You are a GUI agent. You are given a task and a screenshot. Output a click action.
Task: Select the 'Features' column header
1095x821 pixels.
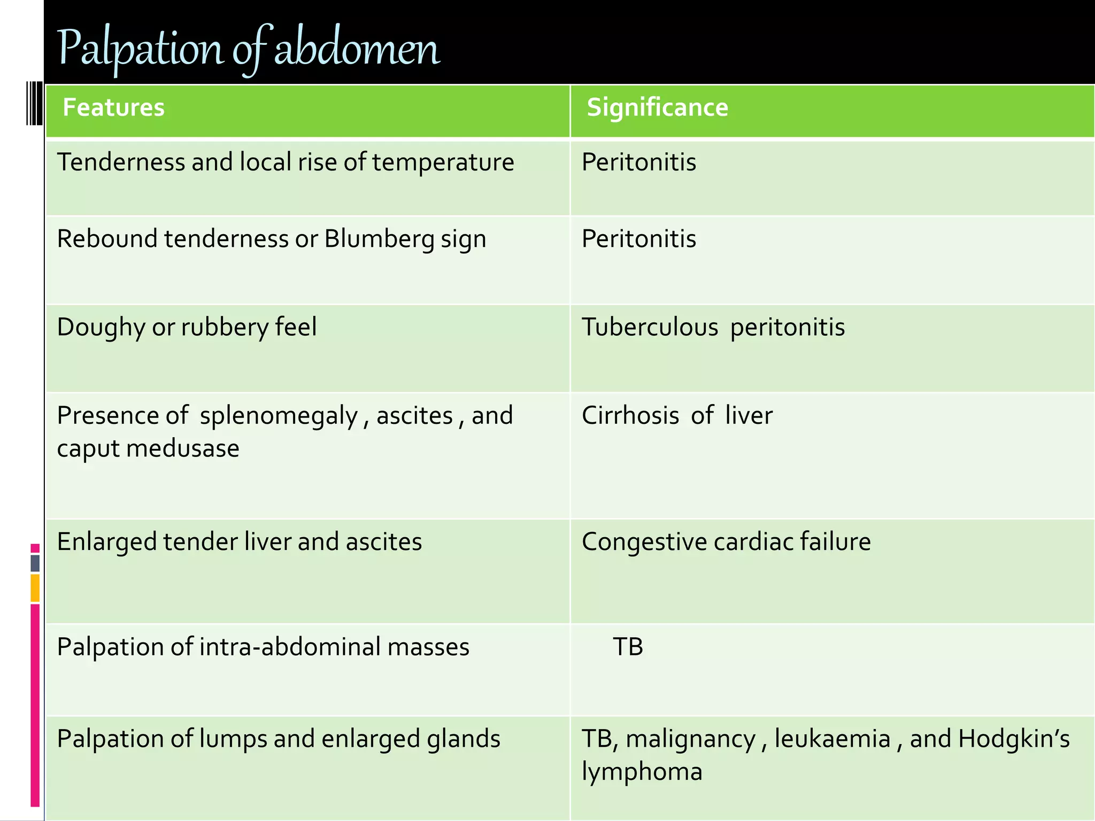tap(113, 107)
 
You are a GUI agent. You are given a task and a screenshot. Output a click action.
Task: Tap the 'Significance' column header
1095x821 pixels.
tap(657, 107)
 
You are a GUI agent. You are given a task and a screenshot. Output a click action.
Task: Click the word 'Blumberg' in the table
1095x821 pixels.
tap(379, 239)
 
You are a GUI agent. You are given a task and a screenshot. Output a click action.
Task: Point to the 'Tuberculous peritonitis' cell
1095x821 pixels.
tap(713, 327)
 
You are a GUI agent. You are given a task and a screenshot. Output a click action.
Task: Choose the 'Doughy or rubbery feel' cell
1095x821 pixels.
tap(187, 327)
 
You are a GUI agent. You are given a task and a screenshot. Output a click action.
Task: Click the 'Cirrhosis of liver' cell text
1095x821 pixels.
tap(677, 415)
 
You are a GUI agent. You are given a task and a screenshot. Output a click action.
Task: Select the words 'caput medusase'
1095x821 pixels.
tap(148, 448)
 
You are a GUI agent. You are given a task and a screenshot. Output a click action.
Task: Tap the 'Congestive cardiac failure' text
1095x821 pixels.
tap(726, 541)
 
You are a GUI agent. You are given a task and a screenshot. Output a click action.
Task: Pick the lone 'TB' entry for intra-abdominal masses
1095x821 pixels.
tap(628, 647)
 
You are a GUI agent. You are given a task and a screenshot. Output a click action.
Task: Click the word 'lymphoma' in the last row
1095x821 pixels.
tap(642, 772)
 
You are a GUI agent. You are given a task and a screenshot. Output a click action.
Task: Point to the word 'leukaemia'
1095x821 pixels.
tap(832, 739)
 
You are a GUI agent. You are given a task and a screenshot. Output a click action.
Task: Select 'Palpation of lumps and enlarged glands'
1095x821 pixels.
tap(279, 739)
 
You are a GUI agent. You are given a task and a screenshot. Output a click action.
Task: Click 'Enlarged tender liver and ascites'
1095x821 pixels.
tap(240, 541)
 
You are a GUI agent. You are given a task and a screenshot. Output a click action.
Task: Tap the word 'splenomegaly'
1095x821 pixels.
tap(279, 416)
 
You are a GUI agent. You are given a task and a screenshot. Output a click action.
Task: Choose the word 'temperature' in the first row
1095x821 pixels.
tap(443, 162)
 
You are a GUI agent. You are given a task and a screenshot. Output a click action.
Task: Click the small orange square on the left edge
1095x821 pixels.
tap(35, 587)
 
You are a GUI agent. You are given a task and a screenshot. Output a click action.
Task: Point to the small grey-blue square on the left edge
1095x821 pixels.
tap(35, 563)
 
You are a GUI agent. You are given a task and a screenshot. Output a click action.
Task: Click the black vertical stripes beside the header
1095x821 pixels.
tap(34, 103)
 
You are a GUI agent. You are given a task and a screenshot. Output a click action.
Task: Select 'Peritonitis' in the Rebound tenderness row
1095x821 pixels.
tap(639, 239)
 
